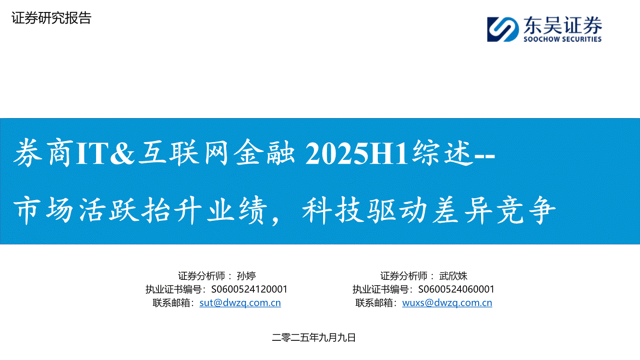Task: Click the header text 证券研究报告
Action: click(51, 18)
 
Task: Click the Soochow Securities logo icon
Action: click(503, 29)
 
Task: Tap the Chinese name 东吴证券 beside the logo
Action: click(563, 25)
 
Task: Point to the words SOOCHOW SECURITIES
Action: click(563, 39)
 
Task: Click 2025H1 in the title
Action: click(357, 154)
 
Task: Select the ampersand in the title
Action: click(122, 154)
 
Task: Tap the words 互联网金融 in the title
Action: click(217, 153)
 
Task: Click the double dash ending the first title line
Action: click(484, 156)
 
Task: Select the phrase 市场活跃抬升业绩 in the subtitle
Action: click(140, 210)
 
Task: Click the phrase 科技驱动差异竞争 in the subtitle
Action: click(429, 210)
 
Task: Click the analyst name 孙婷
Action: click(246, 276)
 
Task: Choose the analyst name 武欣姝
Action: click(453, 276)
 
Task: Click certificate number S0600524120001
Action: click(249, 289)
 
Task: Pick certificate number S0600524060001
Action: click(456, 289)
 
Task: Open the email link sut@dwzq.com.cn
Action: click(240, 303)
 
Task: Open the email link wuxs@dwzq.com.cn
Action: click(447, 303)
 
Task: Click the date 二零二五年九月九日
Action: click(314, 338)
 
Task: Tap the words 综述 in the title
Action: click(442, 153)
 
